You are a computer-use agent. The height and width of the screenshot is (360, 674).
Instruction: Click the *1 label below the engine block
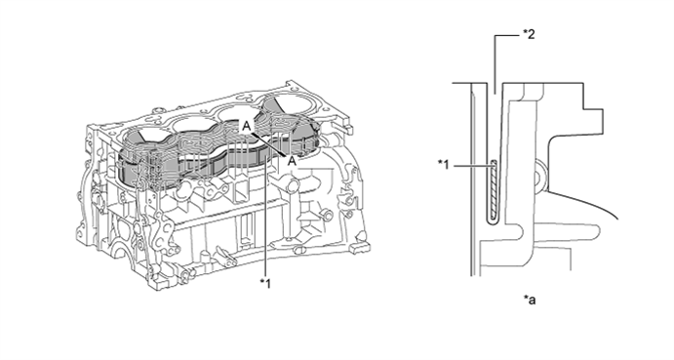[265, 284]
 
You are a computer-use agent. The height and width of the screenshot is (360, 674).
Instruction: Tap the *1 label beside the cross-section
[443, 164]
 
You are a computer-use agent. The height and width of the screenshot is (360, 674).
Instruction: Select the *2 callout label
[529, 34]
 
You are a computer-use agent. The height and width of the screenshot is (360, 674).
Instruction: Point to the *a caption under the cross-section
[530, 300]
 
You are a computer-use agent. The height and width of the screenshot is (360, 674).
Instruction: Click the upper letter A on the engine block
[246, 126]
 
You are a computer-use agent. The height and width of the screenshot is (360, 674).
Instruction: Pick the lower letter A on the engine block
[292, 161]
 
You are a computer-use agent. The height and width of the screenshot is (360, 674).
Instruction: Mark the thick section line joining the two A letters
[269, 143]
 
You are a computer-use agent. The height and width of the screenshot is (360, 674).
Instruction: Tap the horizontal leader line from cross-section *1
[471, 165]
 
